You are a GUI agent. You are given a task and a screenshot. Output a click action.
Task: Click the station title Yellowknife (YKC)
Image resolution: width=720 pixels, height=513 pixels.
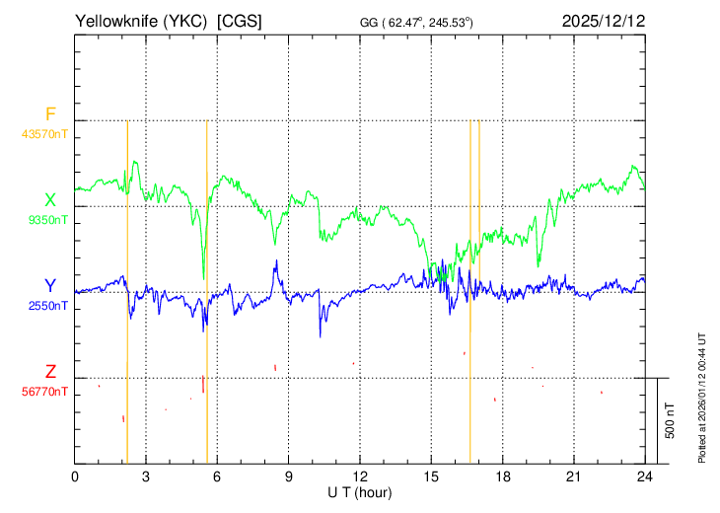(x=141, y=21)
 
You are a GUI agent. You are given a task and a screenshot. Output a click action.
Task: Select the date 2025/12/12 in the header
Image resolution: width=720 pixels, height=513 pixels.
(x=604, y=21)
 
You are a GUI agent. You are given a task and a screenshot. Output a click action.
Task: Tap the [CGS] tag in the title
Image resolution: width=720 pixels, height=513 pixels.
(x=240, y=21)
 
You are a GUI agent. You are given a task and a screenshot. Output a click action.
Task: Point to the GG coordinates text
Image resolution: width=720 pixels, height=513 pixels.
(x=416, y=23)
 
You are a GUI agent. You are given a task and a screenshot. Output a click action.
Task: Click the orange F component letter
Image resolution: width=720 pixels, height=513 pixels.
(x=50, y=113)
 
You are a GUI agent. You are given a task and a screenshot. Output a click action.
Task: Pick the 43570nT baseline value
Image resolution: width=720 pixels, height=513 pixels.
(x=44, y=134)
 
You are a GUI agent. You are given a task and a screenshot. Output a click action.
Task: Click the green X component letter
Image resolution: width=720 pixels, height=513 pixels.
(x=50, y=200)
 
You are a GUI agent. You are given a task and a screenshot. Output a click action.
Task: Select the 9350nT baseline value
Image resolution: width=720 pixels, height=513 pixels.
(x=47, y=220)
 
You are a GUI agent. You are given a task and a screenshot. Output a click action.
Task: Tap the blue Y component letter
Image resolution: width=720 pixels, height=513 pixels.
(x=50, y=286)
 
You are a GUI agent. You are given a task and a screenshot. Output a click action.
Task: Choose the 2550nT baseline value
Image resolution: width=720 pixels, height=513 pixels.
(x=47, y=306)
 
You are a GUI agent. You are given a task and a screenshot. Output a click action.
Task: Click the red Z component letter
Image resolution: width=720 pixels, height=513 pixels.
(x=50, y=371)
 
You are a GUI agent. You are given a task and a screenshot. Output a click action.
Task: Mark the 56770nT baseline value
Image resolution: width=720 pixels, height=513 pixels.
(x=44, y=392)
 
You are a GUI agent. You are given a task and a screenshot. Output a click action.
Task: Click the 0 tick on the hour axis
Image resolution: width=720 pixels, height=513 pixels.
(x=74, y=477)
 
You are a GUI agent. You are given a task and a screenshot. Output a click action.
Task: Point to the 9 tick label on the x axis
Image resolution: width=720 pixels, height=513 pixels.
(x=288, y=477)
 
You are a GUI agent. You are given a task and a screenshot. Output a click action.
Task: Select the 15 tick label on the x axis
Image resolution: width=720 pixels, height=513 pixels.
(x=431, y=477)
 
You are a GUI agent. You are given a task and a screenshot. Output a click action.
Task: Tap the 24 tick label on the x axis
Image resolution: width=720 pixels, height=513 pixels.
(x=645, y=477)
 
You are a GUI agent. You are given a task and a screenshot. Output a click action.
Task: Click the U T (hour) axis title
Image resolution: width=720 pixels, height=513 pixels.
(x=360, y=493)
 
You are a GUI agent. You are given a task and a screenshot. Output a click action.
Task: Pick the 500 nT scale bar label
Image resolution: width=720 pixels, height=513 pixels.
(x=670, y=420)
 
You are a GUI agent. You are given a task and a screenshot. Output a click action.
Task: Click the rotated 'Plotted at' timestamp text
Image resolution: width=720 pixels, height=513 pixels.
(x=701, y=398)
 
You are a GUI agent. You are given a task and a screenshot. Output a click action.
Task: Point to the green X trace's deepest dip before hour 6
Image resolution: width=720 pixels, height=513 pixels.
(x=203, y=279)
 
